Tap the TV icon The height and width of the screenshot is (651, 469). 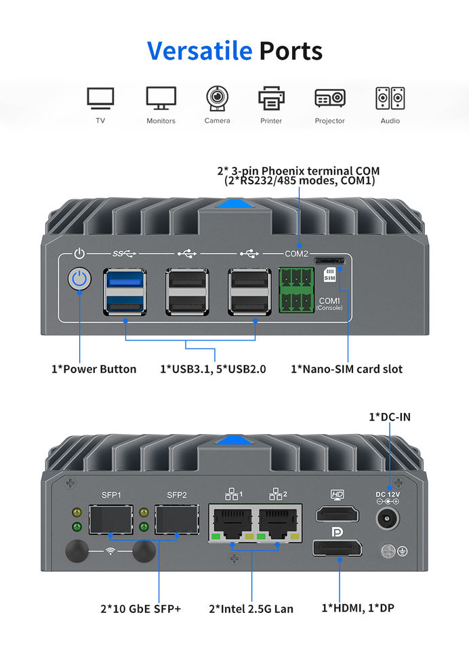coord(100,98)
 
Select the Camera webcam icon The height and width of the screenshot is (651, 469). coord(217,98)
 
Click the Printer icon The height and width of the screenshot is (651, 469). coord(271,98)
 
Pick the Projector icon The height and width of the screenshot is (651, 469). coord(330,98)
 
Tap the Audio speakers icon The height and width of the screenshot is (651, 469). coord(390,98)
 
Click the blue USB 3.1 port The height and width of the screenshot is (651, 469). coord(125,292)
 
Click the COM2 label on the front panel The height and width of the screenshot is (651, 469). coord(296,254)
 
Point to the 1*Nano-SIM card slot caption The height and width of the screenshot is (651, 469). coord(346,370)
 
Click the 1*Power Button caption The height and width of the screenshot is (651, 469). coord(94,370)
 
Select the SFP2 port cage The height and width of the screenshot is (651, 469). coord(173,519)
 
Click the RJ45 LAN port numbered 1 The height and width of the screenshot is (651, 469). coord(232,522)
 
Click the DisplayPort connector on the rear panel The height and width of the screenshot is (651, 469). coord(337,547)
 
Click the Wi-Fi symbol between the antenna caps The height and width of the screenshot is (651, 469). coord(110,551)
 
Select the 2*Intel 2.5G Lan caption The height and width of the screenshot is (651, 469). coord(251,609)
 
